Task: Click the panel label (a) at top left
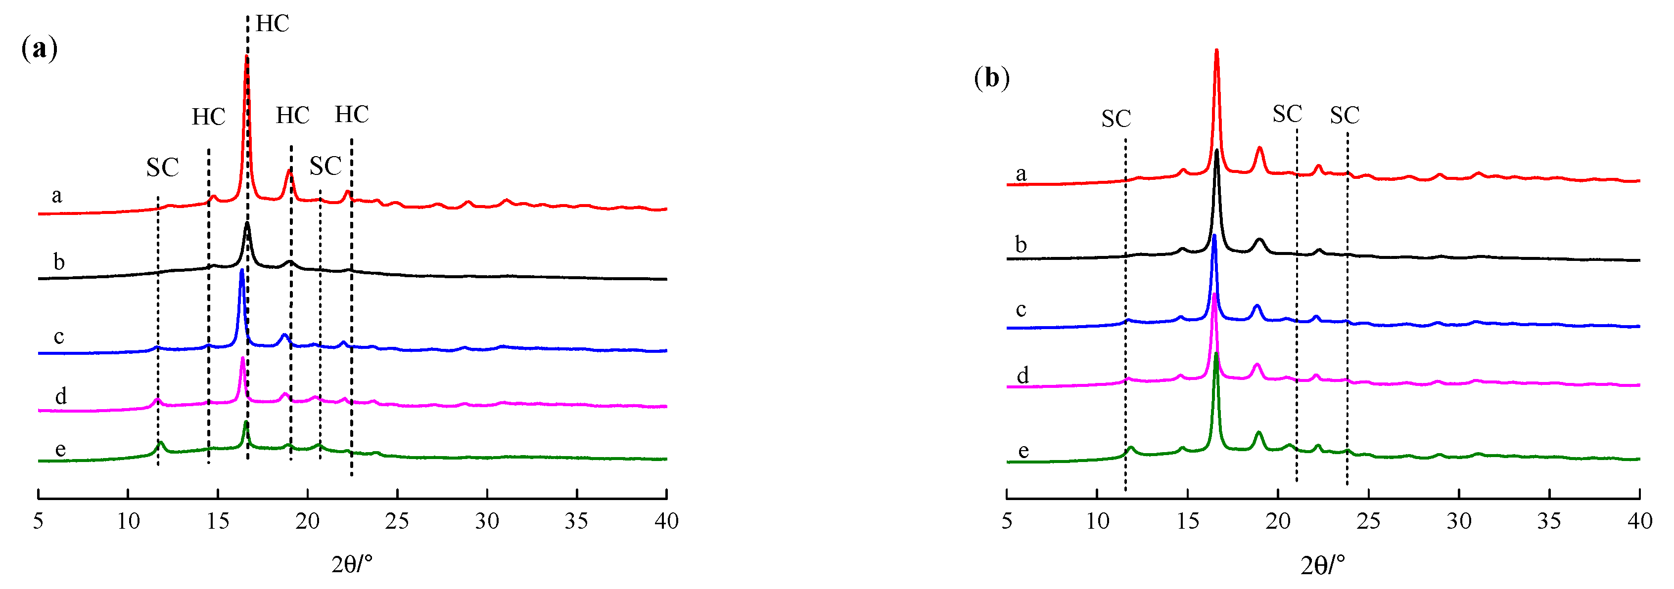[x=39, y=49]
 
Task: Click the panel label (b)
[x=992, y=78]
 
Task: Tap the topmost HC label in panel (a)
[x=272, y=23]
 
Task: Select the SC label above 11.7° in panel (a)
[x=162, y=168]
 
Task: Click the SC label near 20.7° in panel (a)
[x=325, y=166]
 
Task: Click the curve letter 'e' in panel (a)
[x=60, y=449]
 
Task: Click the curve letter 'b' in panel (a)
[x=58, y=262]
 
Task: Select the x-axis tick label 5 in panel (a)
[x=39, y=521]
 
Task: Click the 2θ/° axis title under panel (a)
[x=352, y=564]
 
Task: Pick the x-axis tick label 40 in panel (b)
[x=1639, y=521]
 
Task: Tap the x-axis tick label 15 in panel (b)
[x=1187, y=521]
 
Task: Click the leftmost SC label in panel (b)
[x=1116, y=119]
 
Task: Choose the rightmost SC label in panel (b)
[x=1345, y=116]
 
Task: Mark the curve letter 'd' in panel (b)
[x=1022, y=376]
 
